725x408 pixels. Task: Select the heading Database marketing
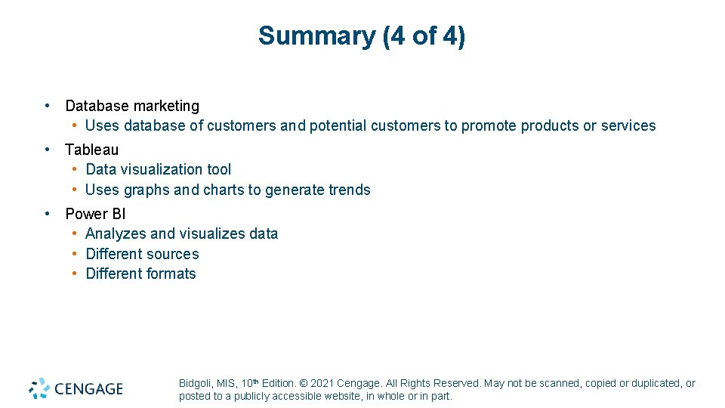click(x=132, y=106)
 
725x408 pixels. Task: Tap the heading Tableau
click(x=91, y=150)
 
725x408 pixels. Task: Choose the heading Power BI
click(x=95, y=214)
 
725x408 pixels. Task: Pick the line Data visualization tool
click(x=159, y=169)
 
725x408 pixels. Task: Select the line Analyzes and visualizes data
click(x=181, y=233)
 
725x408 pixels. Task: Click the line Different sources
click(x=142, y=254)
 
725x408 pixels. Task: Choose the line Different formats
click(x=140, y=274)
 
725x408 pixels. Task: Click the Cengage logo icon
click(x=40, y=388)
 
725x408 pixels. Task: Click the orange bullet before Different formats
click(x=75, y=274)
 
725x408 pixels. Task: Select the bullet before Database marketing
click(x=48, y=106)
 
